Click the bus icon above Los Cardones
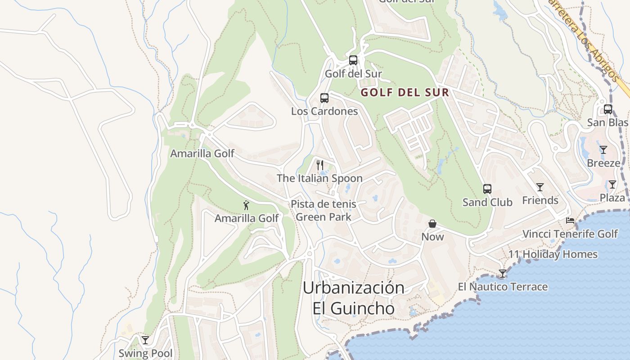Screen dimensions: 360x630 [x=324, y=98]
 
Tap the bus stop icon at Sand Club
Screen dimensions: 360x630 [x=487, y=189]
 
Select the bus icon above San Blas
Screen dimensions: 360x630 [x=607, y=109]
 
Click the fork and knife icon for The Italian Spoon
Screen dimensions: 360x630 [x=319, y=165]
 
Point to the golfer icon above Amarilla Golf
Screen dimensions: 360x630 [x=246, y=205]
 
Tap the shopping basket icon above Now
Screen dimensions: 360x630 [x=432, y=224]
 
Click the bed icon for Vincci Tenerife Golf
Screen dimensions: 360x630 [x=570, y=220]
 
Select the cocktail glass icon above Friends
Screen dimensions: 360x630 [x=540, y=187]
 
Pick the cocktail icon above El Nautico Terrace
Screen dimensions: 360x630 [x=503, y=274]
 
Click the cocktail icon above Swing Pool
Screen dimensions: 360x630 [x=145, y=340]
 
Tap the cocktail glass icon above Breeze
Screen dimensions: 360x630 [x=603, y=150]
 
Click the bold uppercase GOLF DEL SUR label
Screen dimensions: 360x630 [x=405, y=93]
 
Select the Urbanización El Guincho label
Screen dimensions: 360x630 [x=354, y=298]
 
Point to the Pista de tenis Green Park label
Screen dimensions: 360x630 [x=323, y=210]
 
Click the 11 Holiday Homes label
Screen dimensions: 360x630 [x=553, y=254]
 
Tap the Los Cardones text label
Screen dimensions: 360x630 [x=324, y=111]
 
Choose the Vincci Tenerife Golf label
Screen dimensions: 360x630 [x=570, y=234]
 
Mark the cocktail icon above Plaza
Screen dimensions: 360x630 [x=612, y=184]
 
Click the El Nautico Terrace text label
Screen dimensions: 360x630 [x=503, y=287]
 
